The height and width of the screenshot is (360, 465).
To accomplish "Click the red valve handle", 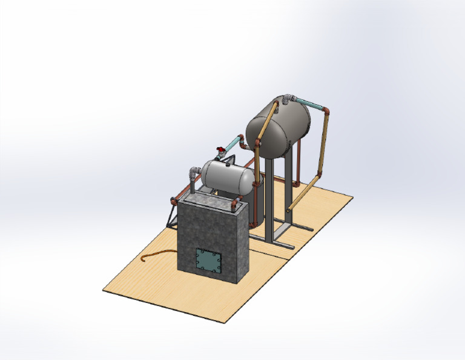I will coord(219,149).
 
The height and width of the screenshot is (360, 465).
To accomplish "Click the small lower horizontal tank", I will coord(227,176).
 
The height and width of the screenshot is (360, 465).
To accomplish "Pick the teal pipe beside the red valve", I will coord(233,145).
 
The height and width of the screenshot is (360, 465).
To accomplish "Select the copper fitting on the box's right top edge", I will coord(235,206).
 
